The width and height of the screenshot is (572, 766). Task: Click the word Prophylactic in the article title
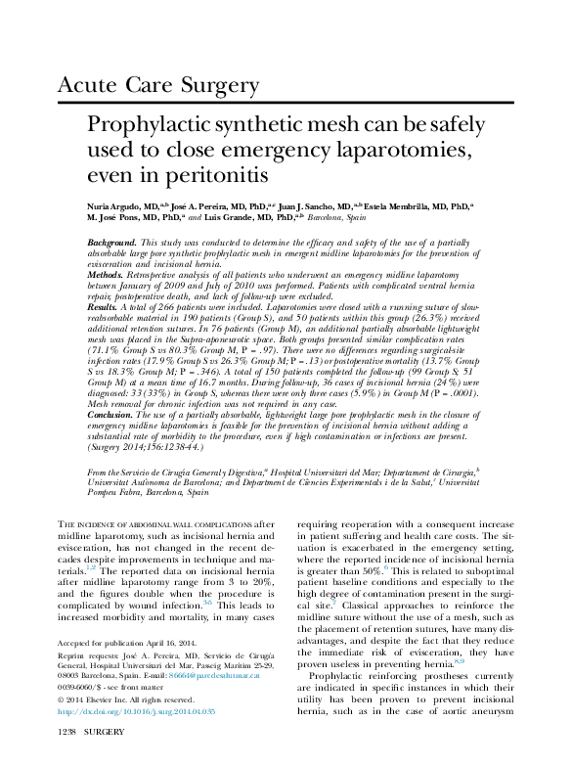151,127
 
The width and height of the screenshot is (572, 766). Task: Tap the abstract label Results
103,306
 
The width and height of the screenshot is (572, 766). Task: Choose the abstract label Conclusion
110,414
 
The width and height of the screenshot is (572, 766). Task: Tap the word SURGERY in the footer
104,758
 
